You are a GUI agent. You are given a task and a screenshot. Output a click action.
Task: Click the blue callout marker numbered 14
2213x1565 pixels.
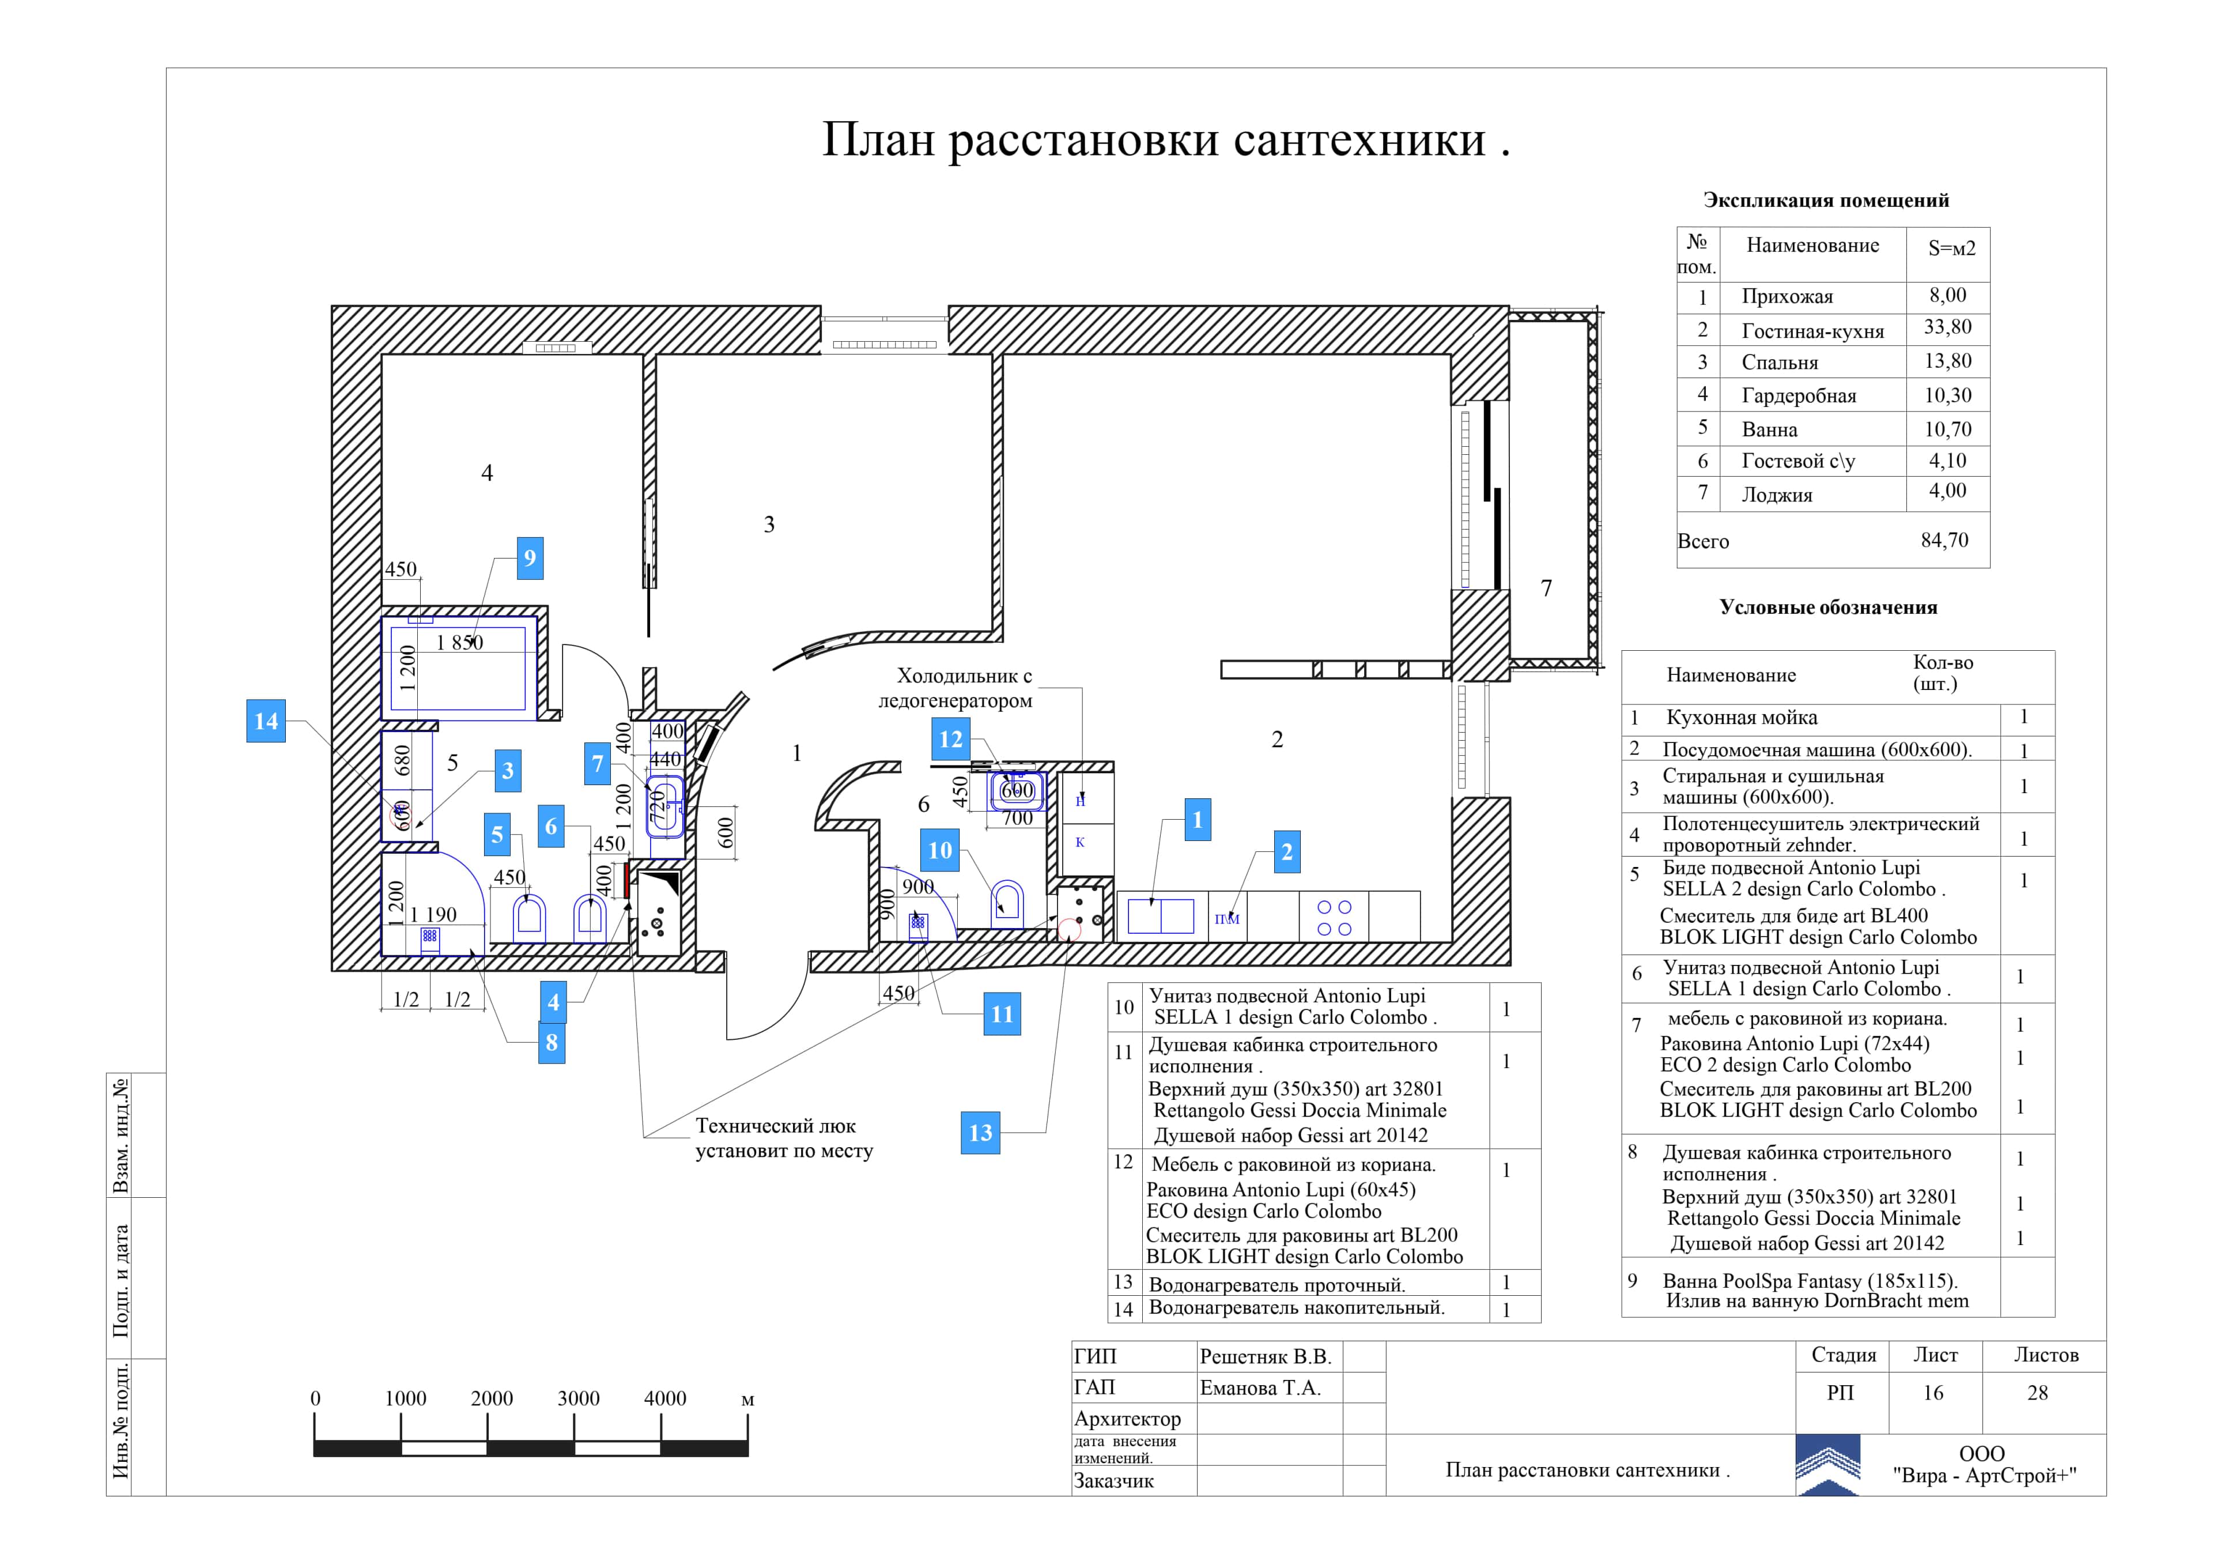[x=266, y=721]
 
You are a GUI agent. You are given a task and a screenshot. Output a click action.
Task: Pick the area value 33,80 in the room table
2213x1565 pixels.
[x=1948, y=327]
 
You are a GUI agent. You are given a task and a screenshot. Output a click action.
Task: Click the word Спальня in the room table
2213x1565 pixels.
[x=1779, y=363]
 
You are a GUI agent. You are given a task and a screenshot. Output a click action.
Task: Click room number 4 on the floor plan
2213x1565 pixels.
[x=487, y=473]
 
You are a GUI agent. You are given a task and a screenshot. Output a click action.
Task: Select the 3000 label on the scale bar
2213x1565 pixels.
[x=578, y=1398]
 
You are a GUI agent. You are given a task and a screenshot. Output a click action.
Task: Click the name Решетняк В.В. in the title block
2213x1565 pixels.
[x=1264, y=1357]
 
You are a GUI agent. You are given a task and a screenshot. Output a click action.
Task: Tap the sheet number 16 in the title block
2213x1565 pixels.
[x=1933, y=1393]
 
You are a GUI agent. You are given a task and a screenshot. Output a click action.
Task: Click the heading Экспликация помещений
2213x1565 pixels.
[x=1826, y=201]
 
